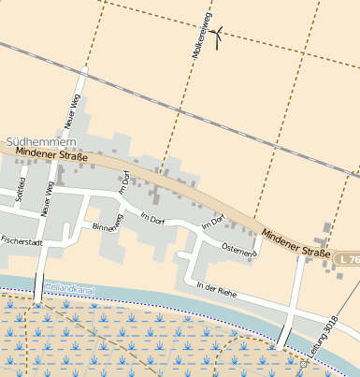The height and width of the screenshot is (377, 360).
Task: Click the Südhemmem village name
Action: (x=34, y=143)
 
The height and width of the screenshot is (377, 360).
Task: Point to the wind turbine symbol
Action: (x=216, y=37)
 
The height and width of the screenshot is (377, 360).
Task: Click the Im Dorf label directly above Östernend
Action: (x=213, y=223)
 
